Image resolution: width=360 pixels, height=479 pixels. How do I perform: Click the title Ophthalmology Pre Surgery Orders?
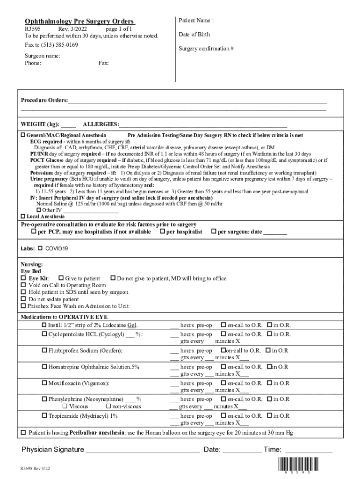tap(79, 22)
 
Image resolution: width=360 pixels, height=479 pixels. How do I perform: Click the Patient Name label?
tap(196, 21)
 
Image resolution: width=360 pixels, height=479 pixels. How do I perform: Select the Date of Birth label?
tap(194, 35)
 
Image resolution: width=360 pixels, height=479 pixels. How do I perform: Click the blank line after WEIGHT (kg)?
tap(68, 124)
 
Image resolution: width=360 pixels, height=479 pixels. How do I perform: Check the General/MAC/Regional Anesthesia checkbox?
tap(23, 135)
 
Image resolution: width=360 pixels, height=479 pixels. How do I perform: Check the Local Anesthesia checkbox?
tap(23, 217)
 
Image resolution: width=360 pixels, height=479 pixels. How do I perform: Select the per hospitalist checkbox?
tap(162, 232)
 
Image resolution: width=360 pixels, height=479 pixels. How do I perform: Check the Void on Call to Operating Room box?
tap(23, 285)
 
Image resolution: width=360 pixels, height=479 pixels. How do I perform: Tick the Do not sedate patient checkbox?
tap(23, 299)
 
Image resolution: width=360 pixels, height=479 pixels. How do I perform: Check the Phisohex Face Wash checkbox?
tap(23, 306)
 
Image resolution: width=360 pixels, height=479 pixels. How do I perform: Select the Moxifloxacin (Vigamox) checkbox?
tap(44, 383)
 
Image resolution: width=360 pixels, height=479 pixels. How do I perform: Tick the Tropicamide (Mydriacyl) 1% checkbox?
tap(44, 416)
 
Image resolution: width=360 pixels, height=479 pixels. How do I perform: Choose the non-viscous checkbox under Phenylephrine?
tap(108, 406)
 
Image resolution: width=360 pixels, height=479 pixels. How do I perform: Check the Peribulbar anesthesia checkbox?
tap(23, 433)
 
